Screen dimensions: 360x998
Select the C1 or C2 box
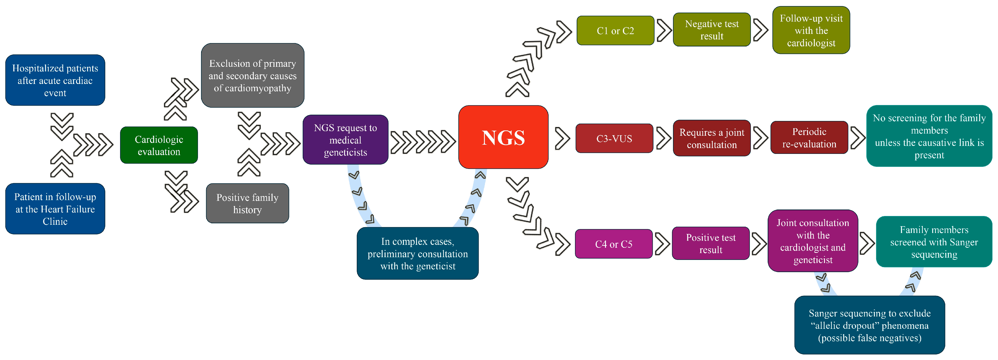(615, 31)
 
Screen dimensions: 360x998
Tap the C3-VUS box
(614, 138)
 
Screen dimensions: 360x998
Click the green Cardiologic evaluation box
(159, 145)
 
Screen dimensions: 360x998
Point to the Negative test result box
(712, 30)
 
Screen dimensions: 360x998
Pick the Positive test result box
(711, 243)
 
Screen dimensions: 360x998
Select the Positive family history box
(247, 203)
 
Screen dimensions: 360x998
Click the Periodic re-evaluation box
(809, 138)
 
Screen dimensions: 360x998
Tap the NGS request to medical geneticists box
(345, 140)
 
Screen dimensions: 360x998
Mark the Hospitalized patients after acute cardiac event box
(55, 80)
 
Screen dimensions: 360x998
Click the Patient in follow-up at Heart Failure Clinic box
(55, 209)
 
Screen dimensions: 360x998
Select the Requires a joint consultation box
(712, 138)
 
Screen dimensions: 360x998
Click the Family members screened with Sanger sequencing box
(934, 242)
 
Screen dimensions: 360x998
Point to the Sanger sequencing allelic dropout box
(869, 325)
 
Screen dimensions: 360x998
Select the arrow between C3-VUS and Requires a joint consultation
(663, 138)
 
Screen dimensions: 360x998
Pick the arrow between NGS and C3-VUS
(562, 138)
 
